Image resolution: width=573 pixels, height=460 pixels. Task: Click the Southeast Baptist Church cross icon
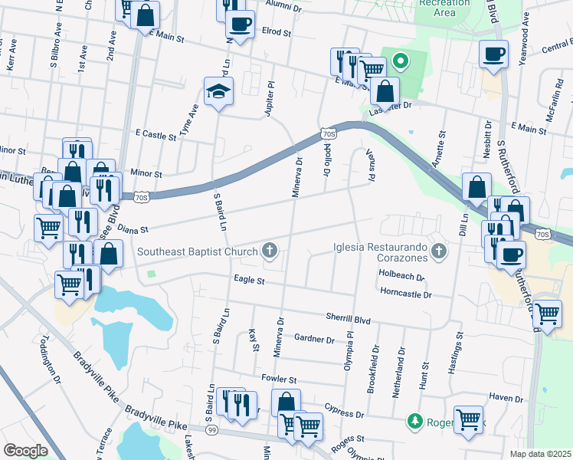[x=269, y=250]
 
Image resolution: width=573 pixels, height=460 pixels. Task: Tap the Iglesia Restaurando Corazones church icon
[x=437, y=250]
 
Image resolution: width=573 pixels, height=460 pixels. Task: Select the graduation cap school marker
[x=218, y=92]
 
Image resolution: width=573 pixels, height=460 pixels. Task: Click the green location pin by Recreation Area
[x=399, y=61]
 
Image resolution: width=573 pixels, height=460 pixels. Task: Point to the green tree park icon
[x=414, y=421]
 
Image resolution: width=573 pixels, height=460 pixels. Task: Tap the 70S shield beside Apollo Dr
[x=328, y=135]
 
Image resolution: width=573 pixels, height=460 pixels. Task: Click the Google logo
[x=26, y=450]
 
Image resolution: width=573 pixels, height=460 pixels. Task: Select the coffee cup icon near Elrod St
[x=240, y=25]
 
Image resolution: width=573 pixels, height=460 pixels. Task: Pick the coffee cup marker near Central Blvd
[x=493, y=54]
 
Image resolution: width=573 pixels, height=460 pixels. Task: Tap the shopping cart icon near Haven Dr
[x=468, y=419]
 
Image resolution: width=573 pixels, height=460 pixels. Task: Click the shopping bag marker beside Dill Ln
[x=476, y=186]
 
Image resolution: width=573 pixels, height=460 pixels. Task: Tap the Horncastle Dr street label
[x=406, y=294]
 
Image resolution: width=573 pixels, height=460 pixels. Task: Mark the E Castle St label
[x=155, y=135]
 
